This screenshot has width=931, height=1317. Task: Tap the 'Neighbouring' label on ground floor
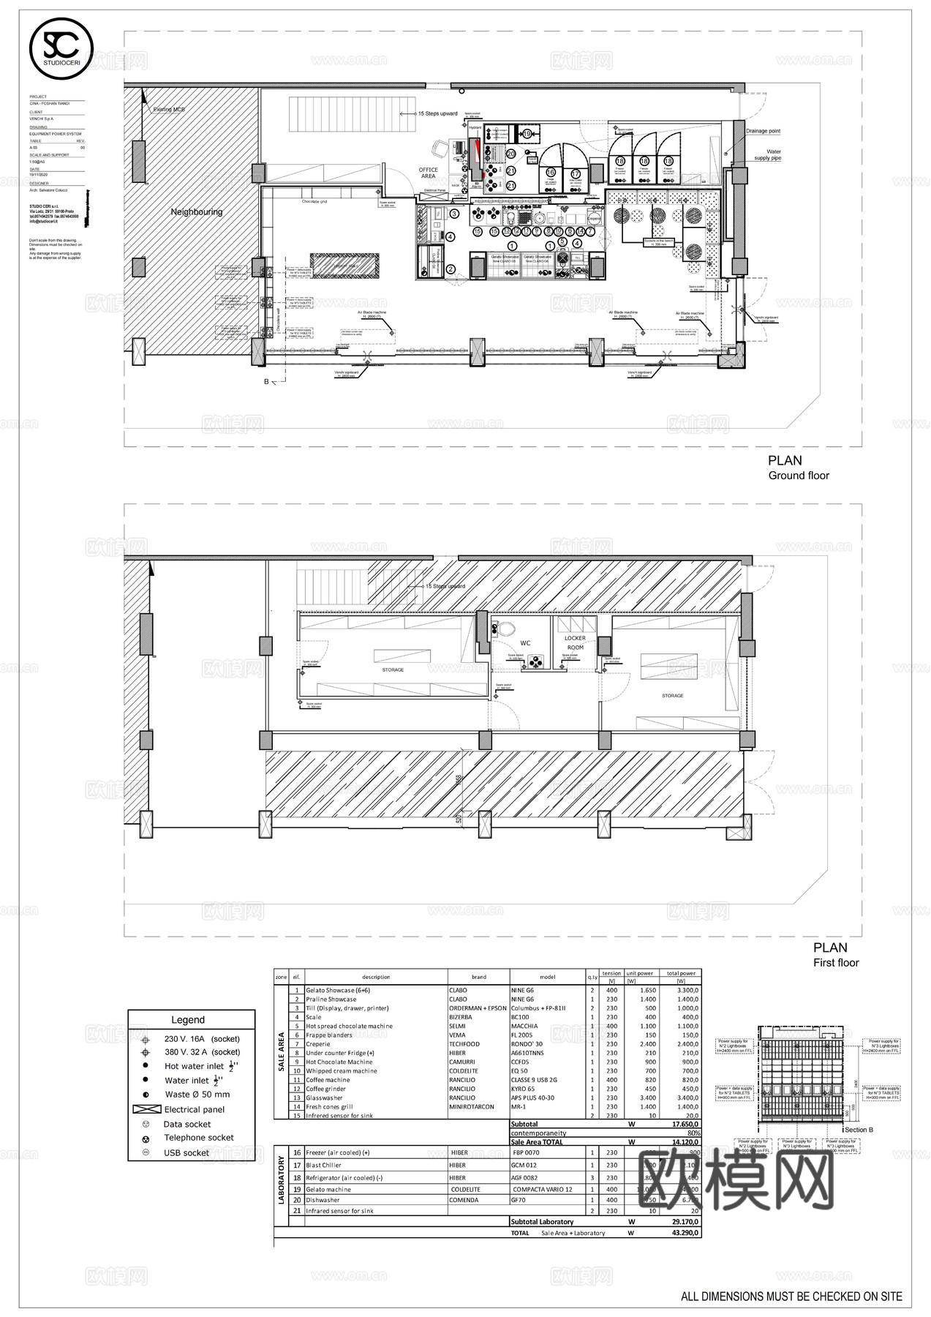click(196, 212)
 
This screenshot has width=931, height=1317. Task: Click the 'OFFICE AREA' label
click(429, 173)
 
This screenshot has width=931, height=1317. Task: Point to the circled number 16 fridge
click(550, 173)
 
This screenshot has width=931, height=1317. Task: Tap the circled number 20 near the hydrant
click(511, 154)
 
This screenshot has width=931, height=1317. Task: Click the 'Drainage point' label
click(762, 131)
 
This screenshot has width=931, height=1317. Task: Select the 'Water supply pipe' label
click(767, 155)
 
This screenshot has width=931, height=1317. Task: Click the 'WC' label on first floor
click(525, 643)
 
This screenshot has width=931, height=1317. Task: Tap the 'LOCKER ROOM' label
click(575, 642)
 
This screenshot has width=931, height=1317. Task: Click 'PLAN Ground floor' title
click(797, 468)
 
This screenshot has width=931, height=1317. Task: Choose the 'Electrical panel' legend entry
click(194, 1109)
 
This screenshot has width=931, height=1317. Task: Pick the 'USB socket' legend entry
click(186, 1152)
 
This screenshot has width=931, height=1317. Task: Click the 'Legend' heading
click(188, 1020)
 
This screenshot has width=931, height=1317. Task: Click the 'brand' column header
click(478, 977)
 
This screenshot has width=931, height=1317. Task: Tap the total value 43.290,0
click(685, 1233)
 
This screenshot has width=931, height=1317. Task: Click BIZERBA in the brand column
click(461, 1017)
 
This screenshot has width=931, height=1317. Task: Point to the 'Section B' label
click(859, 1130)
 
